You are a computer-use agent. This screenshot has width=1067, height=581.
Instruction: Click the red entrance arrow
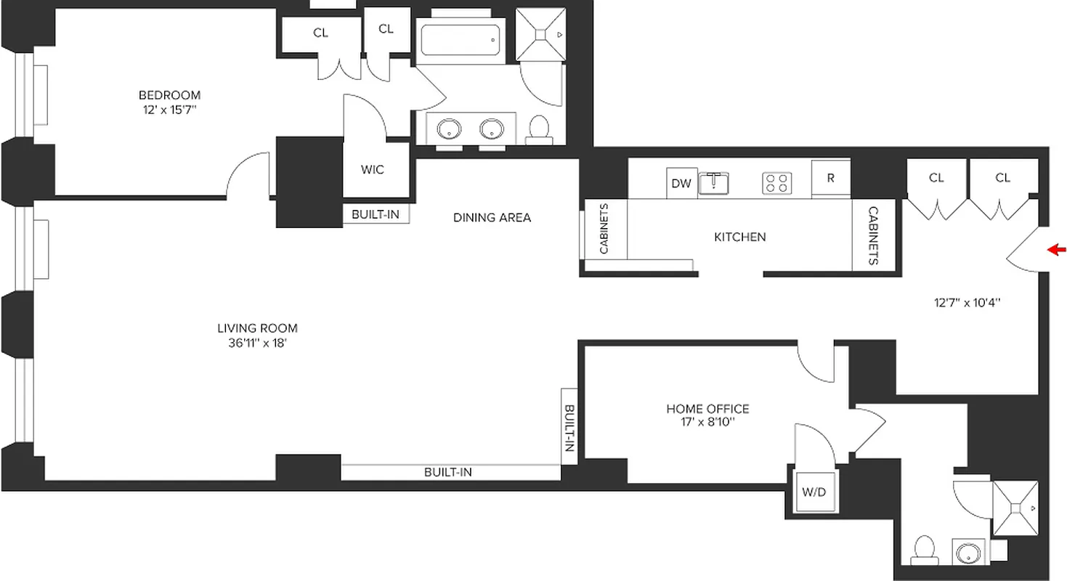tap(1057, 251)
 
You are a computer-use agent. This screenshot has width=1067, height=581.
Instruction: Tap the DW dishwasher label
tap(681, 184)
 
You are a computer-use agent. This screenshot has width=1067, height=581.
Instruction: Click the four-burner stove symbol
tap(776, 183)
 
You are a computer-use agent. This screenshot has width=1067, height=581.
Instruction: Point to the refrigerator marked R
tap(830, 179)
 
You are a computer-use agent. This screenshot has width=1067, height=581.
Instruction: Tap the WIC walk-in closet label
tap(373, 170)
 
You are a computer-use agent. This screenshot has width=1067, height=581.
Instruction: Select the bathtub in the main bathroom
tap(461, 40)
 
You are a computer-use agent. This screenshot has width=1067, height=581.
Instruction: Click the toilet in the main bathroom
tap(539, 129)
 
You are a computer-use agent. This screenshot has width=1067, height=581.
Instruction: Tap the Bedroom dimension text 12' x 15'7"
tap(169, 110)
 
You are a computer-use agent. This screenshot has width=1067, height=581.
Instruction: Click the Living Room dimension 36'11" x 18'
tap(258, 343)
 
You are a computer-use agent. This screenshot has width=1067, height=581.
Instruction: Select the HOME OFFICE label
tap(707, 409)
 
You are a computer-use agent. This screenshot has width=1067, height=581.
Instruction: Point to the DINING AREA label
tap(492, 217)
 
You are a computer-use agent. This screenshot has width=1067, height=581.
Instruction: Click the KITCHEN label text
tap(739, 237)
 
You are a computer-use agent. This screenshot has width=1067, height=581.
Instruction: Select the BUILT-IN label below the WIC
tap(376, 215)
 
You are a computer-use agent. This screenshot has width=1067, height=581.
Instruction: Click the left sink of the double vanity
tap(449, 129)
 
